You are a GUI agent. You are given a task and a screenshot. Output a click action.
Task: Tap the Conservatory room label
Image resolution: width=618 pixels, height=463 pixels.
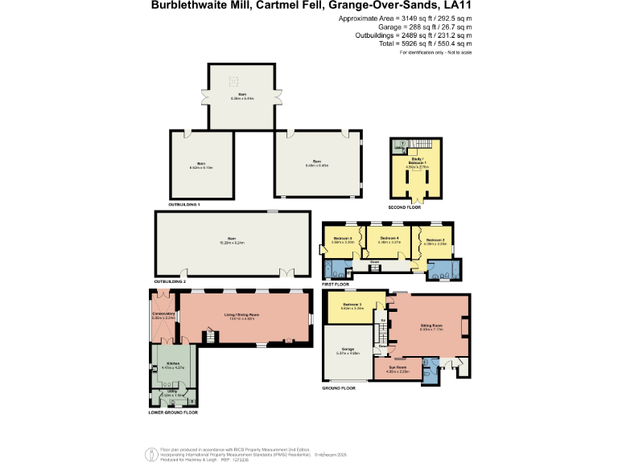pyautogui.click(x=163, y=314)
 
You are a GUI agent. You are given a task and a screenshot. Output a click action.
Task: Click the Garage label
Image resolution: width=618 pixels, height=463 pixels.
pyautogui.click(x=347, y=350)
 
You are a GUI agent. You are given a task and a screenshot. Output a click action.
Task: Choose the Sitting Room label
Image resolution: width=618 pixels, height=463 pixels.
pyautogui.click(x=431, y=326)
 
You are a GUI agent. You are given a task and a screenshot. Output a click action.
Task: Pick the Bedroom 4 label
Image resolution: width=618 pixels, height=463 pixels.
pyautogui.click(x=389, y=238)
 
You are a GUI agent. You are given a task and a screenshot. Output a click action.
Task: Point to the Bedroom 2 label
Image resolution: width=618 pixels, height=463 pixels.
pyautogui.click(x=435, y=240)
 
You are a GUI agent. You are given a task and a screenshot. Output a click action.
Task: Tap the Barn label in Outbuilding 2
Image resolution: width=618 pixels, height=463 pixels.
pyautogui.click(x=232, y=239)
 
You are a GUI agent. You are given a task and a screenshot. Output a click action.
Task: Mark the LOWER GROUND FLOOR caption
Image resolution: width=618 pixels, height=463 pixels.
pyautogui.click(x=173, y=412)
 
